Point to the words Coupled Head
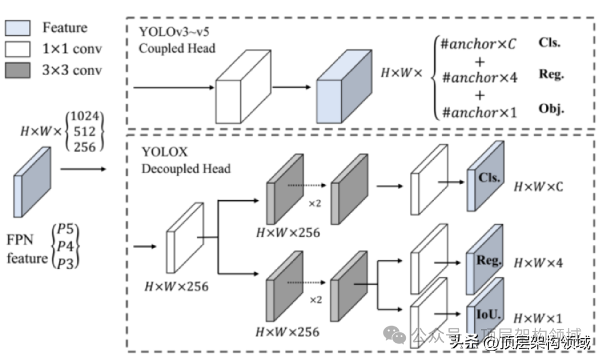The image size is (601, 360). pyautogui.click(x=177, y=48)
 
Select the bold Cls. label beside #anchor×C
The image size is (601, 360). pyautogui.click(x=549, y=42)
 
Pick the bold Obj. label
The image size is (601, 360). pyautogui.click(x=551, y=109)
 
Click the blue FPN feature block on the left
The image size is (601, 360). pyautogui.click(x=32, y=182)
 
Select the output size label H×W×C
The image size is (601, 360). pyautogui.click(x=538, y=186)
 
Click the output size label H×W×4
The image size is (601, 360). pyautogui.click(x=538, y=262)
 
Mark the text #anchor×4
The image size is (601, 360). pyautogui.click(x=479, y=77)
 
